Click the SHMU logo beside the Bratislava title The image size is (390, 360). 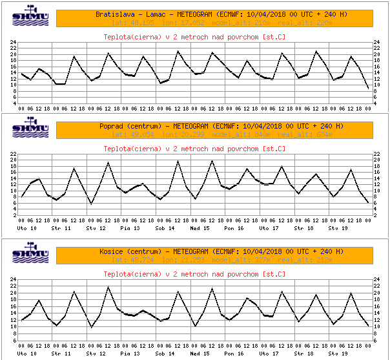(x=30, y=17)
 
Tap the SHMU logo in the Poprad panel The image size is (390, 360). (x=30, y=129)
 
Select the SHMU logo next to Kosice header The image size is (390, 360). (x=30, y=254)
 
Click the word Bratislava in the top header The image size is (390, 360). (x=115, y=14)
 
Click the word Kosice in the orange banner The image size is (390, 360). (x=112, y=251)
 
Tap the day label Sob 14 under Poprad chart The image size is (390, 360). (x=165, y=228)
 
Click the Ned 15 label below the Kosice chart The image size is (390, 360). (x=200, y=354)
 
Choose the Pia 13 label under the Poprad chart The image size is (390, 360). (x=130, y=228)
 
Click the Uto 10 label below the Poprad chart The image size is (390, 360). (x=26, y=228)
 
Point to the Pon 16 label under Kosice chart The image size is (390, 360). (x=234, y=354)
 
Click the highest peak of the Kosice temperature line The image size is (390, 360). (x=108, y=288)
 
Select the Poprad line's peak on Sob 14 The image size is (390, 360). (x=178, y=161)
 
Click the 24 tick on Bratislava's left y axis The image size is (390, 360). (x=14, y=43)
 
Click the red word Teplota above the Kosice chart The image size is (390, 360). (x=118, y=274)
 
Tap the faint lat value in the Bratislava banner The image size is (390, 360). (x=119, y=23)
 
